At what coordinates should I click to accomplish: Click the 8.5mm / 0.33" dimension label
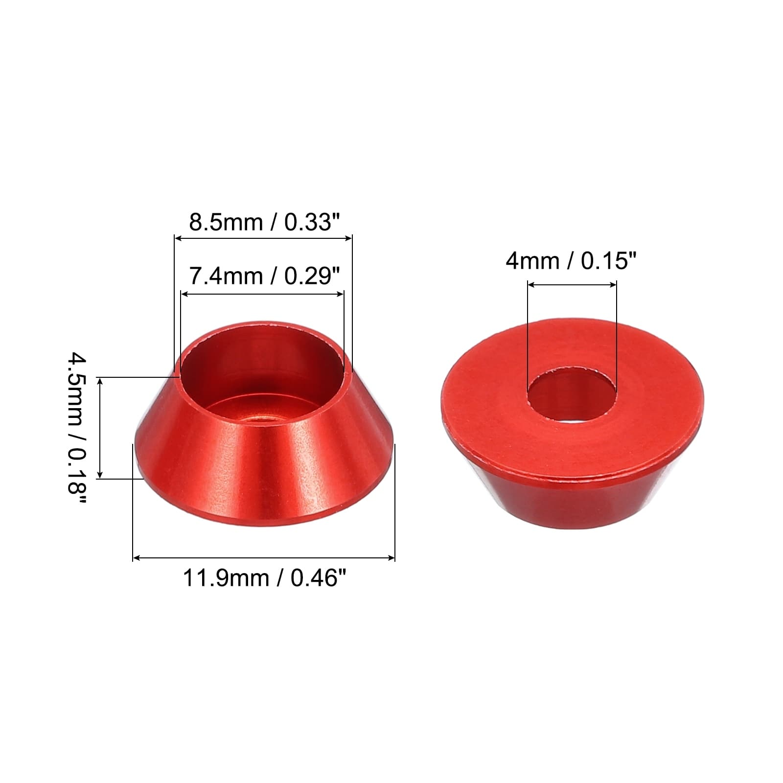coord(264,223)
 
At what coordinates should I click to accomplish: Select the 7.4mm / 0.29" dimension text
coord(264,276)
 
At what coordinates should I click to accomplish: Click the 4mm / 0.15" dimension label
coord(571,261)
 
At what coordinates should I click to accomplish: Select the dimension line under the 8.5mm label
coord(263,238)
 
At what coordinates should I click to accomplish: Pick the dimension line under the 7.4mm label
coord(262,294)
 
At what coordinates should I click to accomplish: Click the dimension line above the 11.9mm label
coord(264,557)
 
